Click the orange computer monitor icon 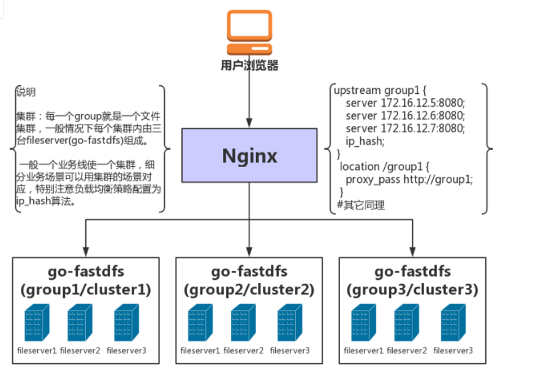[x=249, y=32]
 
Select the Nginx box [x=249, y=155]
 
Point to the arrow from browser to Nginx [x=249, y=98]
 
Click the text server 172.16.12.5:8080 [x=405, y=102]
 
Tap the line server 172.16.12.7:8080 [x=405, y=128]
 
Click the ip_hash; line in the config [x=365, y=141]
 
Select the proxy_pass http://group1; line [x=409, y=179]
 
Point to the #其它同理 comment [x=361, y=205]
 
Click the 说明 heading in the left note [x=26, y=92]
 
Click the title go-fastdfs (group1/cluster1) [x=86, y=280]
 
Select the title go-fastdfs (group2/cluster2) [x=249, y=280]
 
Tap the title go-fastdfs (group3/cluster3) [x=412, y=280]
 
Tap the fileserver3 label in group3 [x=453, y=350]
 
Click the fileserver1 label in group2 [x=200, y=350]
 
